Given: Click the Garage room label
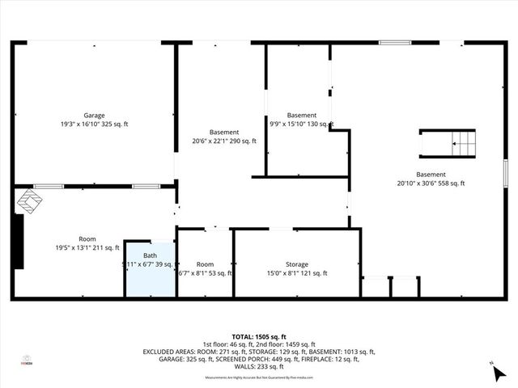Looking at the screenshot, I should click(94, 116).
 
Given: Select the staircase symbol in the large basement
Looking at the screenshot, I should click(449, 144).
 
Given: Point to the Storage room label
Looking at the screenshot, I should click(297, 264).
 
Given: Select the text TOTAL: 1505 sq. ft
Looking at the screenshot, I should click(259, 336).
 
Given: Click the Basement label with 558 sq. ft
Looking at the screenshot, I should click(431, 175).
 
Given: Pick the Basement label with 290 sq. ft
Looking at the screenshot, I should click(224, 133).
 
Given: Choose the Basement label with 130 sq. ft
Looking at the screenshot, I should click(302, 116).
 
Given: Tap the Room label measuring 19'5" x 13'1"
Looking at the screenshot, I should click(87, 239).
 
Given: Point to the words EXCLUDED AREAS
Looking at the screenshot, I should click(171, 352).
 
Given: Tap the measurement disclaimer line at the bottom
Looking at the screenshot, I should click(259, 377).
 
